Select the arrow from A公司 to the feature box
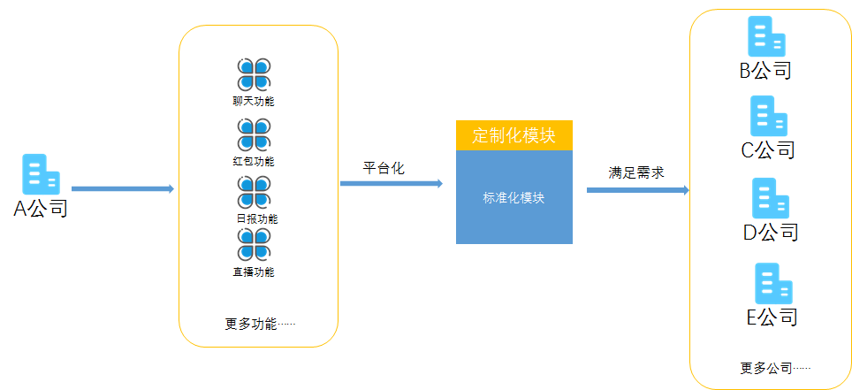(x=122, y=188)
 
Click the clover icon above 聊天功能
(x=254, y=74)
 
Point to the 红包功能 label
(x=254, y=161)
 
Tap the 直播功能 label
(x=254, y=271)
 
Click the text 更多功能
(x=259, y=324)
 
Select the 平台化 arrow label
(x=384, y=168)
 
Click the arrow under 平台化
(x=391, y=183)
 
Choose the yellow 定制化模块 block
(x=513, y=135)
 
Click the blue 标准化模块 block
(x=513, y=197)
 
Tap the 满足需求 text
(x=635, y=172)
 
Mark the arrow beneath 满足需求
(x=637, y=189)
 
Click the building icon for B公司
(x=765, y=36)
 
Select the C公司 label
(x=767, y=149)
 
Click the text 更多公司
(x=774, y=367)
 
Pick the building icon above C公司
(x=768, y=116)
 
